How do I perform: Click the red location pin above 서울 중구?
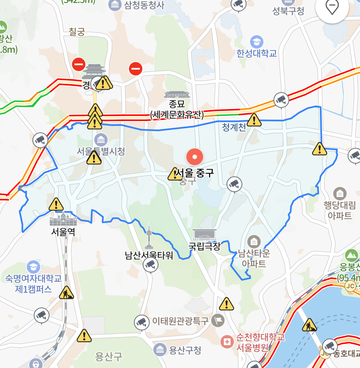click(x=195, y=157)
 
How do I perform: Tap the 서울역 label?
click(x=63, y=232)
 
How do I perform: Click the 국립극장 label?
click(x=204, y=246)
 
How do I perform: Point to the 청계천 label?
click(x=234, y=127)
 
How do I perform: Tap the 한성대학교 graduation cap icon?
click(x=257, y=42)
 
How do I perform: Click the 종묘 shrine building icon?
click(x=177, y=95)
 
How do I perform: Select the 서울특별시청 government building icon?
click(x=101, y=139)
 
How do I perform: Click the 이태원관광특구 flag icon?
click(x=218, y=320)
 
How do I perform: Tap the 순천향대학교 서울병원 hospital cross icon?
click(x=227, y=342)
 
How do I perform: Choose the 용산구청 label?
click(x=185, y=350)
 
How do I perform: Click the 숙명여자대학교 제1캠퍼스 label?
click(x=33, y=284)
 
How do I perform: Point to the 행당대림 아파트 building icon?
click(x=340, y=193)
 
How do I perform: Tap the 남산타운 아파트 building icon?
click(x=254, y=241)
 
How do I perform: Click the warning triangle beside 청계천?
click(x=254, y=120)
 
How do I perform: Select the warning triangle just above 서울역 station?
click(x=56, y=204)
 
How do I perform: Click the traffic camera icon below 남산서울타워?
click(x=150, y=264)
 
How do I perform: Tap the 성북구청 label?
click(x=288, y=11)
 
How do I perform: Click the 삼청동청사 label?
click(x=144, y=5)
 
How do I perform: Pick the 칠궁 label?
click(x=77, y=32)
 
